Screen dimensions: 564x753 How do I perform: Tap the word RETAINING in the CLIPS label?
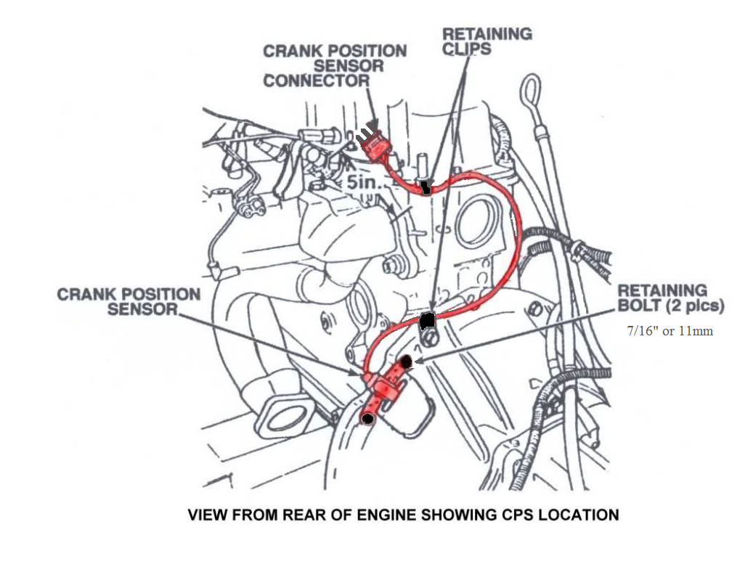[487, 33]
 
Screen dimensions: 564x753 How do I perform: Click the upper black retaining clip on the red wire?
[425, 189]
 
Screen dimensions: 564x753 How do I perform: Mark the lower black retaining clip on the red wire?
[428, 319]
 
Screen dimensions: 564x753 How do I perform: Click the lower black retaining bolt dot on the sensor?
[368, 418]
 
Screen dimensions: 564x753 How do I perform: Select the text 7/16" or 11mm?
[669, 331]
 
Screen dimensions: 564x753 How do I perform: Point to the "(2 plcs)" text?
[697, 306]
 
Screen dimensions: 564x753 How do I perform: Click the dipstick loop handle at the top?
[528, 91]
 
